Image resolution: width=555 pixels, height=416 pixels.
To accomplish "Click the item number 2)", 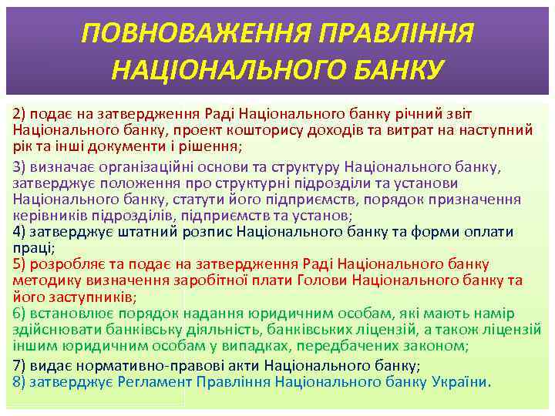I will pyautogui.click(x=21, y=115).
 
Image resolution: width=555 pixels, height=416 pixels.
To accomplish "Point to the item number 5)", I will pyautogui.click(x=21, y=264).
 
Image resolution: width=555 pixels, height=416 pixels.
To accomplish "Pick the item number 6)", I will pyautogui.click(x=21, y=314).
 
